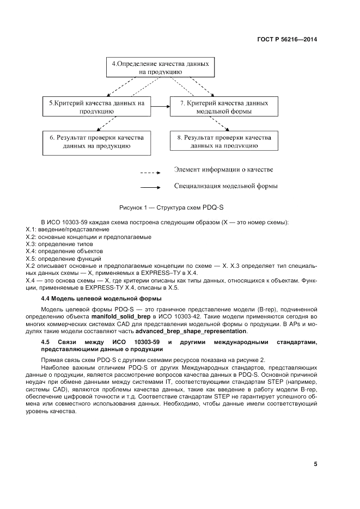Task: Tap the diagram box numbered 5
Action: tap(97, 106)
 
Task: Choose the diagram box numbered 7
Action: tap(224, 106)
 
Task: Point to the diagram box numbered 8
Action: tap(224, 142)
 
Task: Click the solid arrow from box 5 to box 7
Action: tap(160, 106)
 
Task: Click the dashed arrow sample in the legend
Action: tap(150, 173)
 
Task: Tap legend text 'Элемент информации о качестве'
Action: tap(224, 170)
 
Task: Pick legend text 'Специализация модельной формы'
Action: tap(225, 186)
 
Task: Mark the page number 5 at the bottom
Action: tap(315, 464)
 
